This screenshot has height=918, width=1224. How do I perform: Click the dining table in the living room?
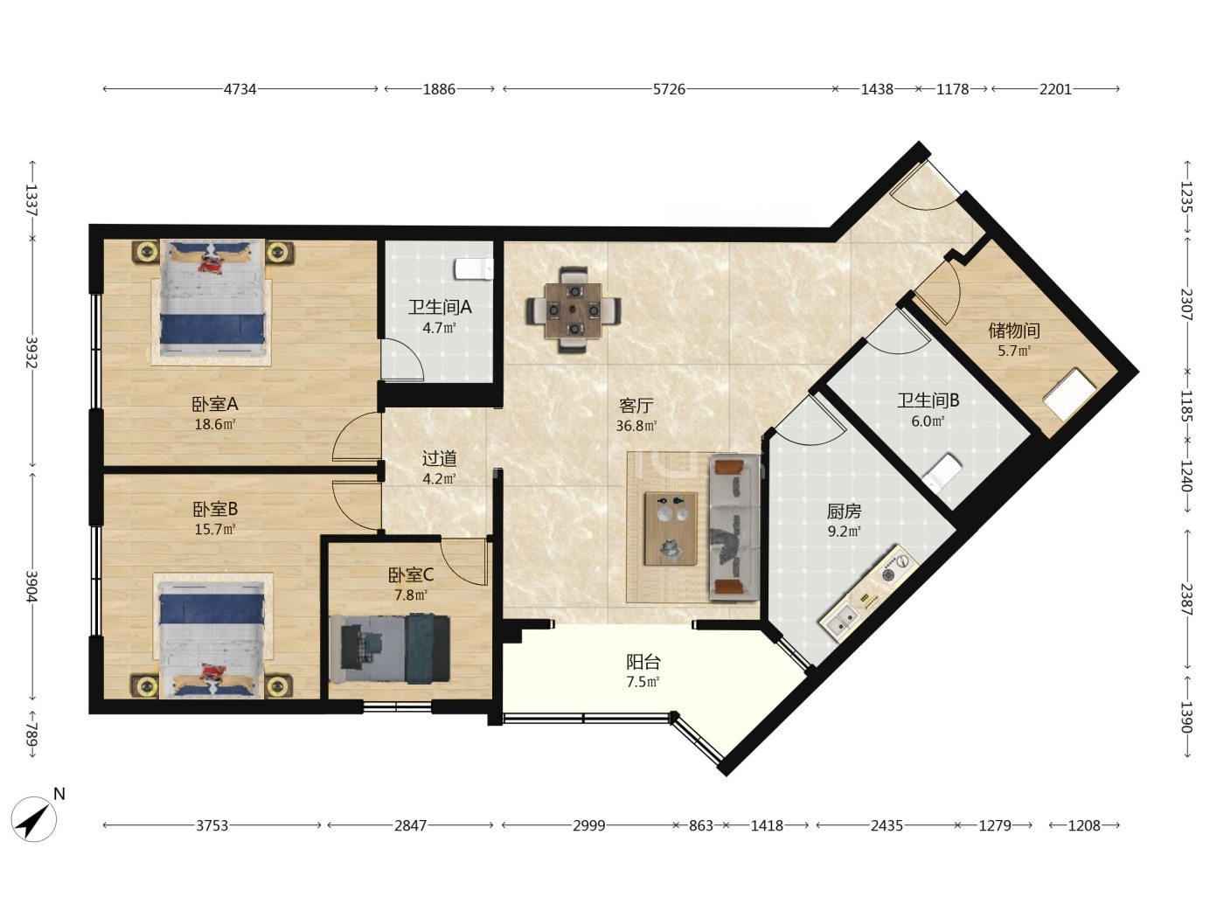pos(574,309)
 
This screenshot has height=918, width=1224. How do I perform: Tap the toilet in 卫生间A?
pos(474,268)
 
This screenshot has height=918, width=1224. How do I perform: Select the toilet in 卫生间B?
pos(942,472)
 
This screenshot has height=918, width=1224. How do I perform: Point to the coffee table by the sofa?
pos(671,528)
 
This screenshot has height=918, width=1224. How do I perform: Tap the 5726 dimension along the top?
pos(669,89)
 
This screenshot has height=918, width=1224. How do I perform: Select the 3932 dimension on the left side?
pos(31,352)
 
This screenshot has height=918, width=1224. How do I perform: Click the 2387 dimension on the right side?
pos(1186,599)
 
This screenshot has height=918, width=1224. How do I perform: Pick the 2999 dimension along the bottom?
pos(589,825)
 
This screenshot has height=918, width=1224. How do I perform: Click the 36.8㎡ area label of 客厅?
pos(636,426)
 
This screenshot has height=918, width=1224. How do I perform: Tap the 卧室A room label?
pos(215,404)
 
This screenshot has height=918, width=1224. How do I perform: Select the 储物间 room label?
pos(1014,330)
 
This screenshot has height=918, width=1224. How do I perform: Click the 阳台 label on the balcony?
pos(643,662)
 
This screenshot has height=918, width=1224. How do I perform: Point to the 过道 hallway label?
pos(440,458)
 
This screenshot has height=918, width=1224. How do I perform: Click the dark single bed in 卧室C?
pos(390,648)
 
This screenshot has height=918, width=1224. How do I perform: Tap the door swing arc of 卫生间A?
pos(412,355)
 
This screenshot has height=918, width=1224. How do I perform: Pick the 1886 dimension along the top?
pos(439,89)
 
